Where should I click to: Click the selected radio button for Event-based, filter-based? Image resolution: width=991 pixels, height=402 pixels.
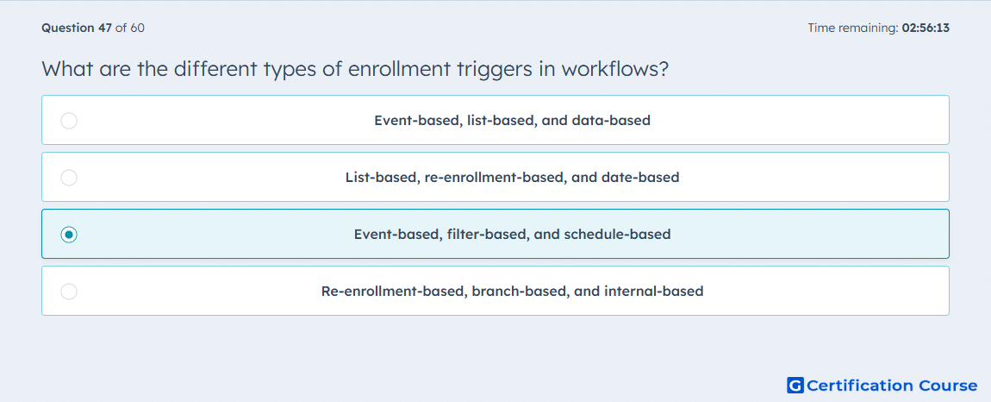tap(69, 235)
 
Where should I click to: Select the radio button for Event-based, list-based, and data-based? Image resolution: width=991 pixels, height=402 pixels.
tap(69, 121)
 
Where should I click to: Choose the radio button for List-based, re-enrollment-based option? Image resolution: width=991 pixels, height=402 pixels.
tap(69, 178)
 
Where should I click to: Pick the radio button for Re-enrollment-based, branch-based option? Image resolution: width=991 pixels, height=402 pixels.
tap(69, 292)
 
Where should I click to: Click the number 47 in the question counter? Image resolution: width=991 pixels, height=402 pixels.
tap(105, 28)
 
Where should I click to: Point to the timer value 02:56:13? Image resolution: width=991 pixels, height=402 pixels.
tap(926, 28)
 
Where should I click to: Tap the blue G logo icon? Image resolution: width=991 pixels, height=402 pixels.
tap(795, 385)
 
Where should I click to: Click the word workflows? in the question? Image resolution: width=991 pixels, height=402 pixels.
tap(613, 68)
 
